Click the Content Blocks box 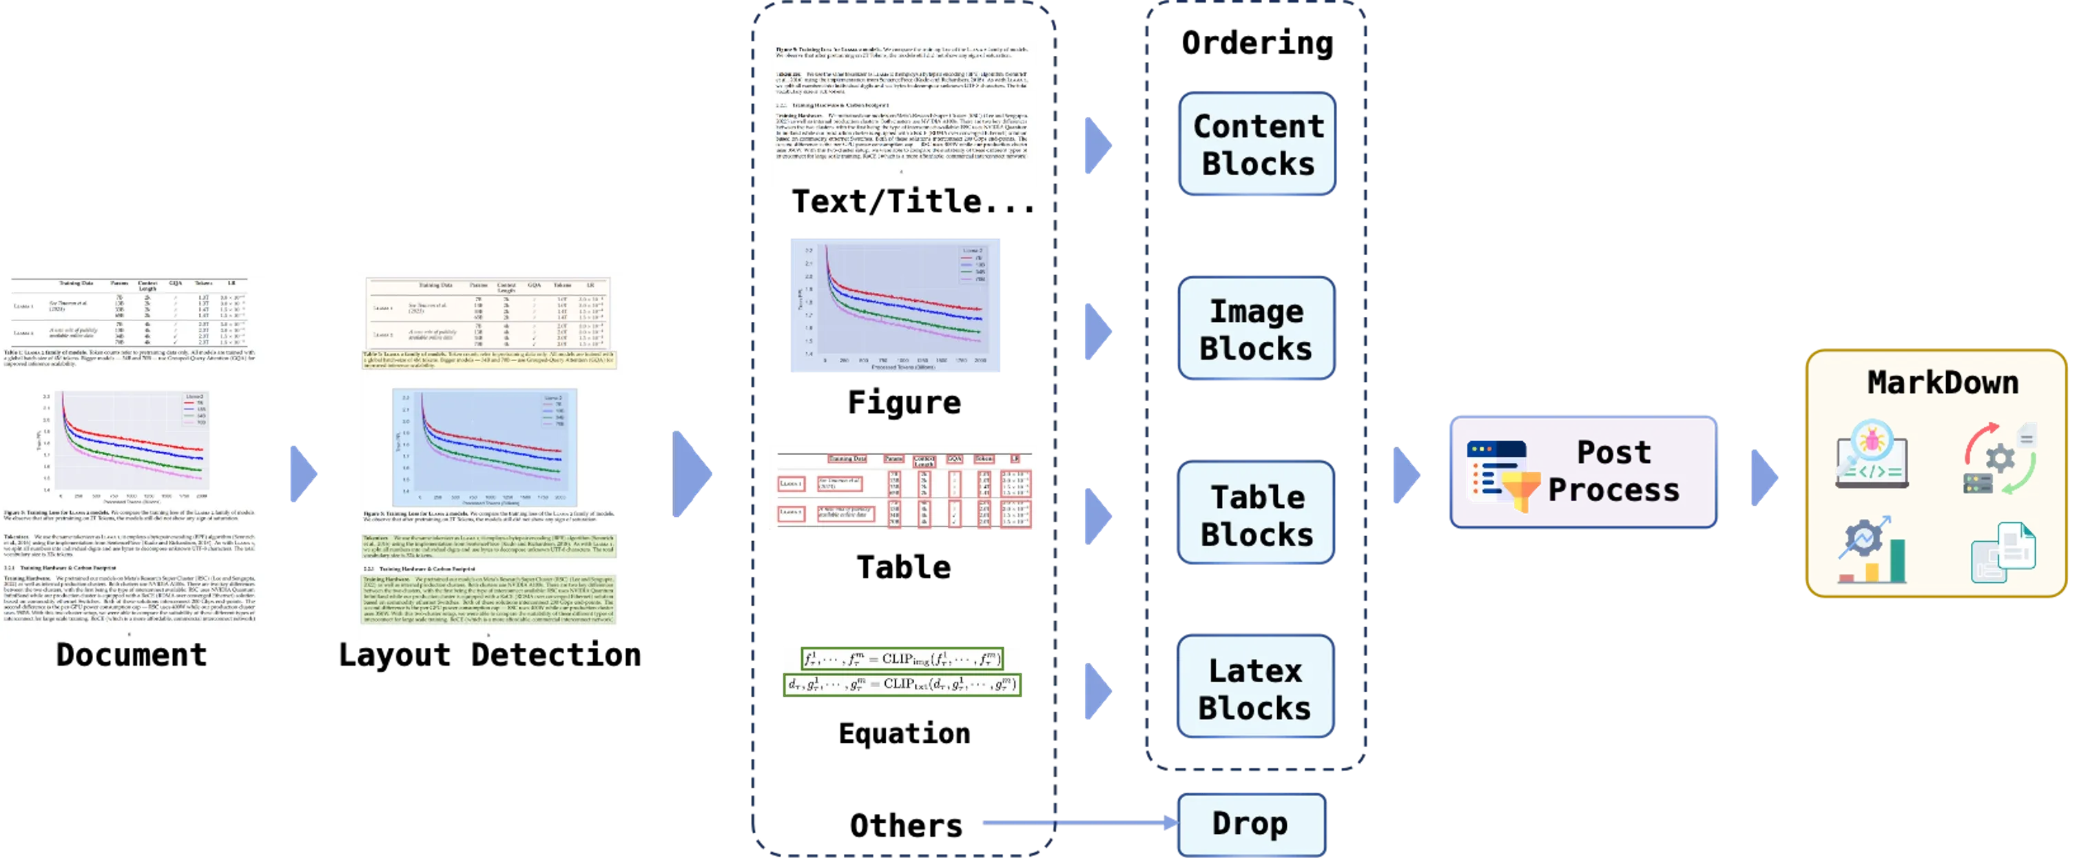tap(1257, 144)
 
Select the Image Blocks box tap(1257, 329)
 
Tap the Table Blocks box tap(1257, 514)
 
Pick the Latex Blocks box tap(1254, 688)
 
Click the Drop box tap(1250, 823)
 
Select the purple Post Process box tap(1582, 472)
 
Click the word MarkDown tap(1942, 382)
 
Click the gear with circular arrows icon tap(2000, 458)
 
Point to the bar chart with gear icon tap(1872, 550)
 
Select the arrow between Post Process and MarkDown tap(1764, 477)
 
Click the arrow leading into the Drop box tap(1078, 822)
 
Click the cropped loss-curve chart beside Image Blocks tap(896, 306)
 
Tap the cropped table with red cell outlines tap(903, 488)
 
